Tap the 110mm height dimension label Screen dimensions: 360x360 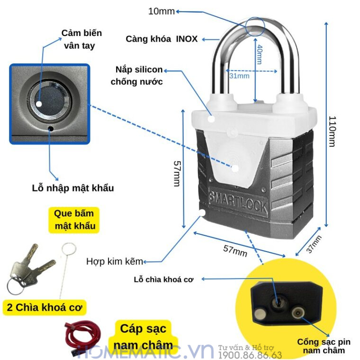(332, 131)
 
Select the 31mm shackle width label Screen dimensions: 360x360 (239, 76)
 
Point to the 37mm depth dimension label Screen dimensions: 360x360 (314, 244)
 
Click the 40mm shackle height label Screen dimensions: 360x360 (259, 54)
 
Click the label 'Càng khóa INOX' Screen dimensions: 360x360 (162, 39)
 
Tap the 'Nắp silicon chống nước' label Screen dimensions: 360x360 (137, 76)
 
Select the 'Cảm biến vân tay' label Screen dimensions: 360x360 (81, 39)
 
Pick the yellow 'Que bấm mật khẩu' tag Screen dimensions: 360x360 (74, 220)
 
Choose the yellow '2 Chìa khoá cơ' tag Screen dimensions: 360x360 (45, 307)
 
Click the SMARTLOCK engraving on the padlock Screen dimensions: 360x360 (238, 201)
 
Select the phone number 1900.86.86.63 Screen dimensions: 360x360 (250, 355)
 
